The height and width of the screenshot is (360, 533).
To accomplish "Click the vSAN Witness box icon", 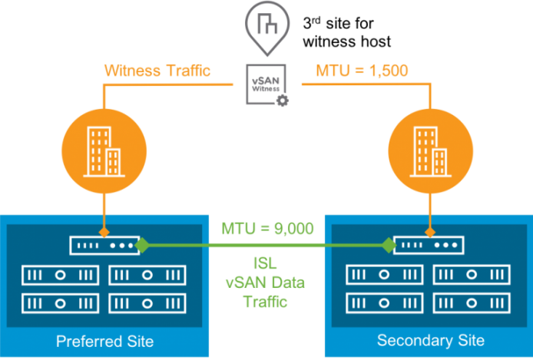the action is (266, 84).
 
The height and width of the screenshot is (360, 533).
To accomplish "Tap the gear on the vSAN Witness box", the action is (283, 101).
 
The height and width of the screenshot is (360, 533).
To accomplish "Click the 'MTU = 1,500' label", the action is (362, 71).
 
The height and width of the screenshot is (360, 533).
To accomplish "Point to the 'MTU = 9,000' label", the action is (267, 228).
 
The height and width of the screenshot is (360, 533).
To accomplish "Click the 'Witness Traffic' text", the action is (157, 71).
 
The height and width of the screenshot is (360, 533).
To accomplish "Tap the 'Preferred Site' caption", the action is (104, 342).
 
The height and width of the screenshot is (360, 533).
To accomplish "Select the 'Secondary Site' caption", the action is (431, 340).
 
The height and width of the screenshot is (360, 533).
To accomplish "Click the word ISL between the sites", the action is (265, 263).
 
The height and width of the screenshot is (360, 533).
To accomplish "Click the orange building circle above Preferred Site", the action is (104, 151).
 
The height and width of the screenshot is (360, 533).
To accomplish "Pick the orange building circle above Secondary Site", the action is (430, 151).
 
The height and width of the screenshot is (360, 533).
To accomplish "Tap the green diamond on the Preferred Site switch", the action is (142, 245).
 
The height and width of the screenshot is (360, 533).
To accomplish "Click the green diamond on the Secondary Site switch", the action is (389, 245).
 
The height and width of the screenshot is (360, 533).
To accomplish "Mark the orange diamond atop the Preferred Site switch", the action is (104, 233).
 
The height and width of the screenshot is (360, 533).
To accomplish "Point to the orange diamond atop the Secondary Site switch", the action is (430, 233).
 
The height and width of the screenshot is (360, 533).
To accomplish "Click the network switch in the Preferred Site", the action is (104, 245).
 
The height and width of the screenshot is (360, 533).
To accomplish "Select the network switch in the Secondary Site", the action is (429, 245).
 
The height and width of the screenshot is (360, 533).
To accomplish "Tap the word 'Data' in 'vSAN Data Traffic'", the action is (287, 282).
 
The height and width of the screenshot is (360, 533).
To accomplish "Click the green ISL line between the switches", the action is (266, 245).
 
